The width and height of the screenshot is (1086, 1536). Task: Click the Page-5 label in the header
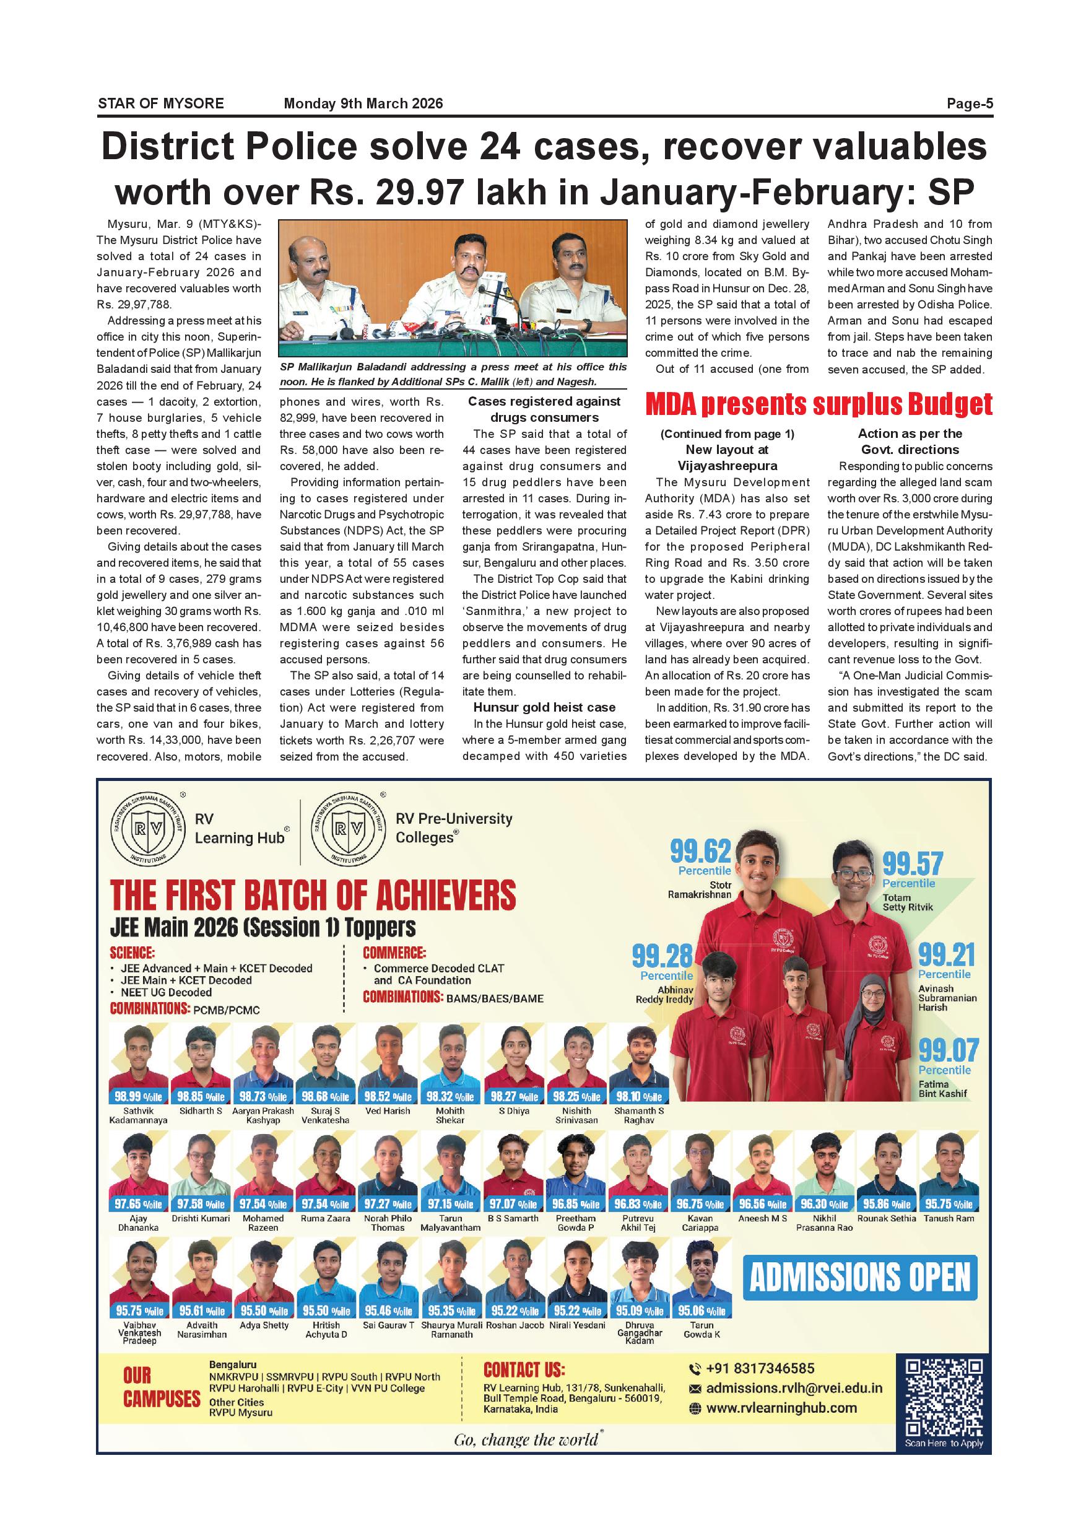pos(969,103)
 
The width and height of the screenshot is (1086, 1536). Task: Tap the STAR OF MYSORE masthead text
pos(160,103)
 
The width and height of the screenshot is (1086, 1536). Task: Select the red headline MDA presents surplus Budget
pos(819,404)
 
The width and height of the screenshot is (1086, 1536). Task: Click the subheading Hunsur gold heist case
pos(544,707)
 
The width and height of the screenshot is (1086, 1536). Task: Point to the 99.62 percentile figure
pos(700,851)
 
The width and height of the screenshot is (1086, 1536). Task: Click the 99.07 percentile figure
pos(947,1050)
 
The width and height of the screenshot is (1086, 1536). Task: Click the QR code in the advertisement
pos(944,1397)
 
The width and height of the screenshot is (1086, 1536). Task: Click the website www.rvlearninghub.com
pos(781,1408)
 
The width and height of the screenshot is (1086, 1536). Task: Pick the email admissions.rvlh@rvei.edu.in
pos(794,1388)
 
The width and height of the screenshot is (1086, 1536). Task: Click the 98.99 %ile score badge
pos(139,1097)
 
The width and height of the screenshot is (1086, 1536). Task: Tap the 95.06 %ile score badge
pos(702,1311)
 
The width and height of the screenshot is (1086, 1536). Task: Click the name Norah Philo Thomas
pos(388,1223)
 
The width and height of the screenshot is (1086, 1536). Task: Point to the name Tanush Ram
pos(949,1218)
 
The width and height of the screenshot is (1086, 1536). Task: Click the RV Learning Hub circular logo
pos(148,829)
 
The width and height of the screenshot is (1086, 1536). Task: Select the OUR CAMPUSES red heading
pos(161,1387)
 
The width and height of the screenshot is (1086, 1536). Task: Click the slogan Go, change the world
pos(527,1439)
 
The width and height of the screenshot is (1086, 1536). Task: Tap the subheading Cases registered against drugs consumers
pos(544,409)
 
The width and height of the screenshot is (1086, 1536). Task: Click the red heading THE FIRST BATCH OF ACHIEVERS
pos(313,895)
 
